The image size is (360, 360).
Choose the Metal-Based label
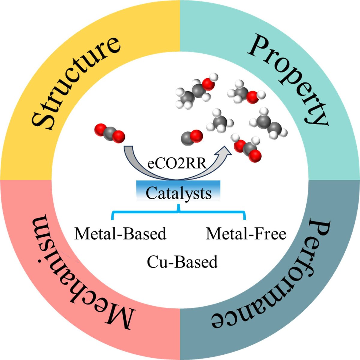[120, 234]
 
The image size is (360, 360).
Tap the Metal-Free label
[246, 234]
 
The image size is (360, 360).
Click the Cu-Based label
[182, 262]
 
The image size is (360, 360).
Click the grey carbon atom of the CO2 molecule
[109, 132]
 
